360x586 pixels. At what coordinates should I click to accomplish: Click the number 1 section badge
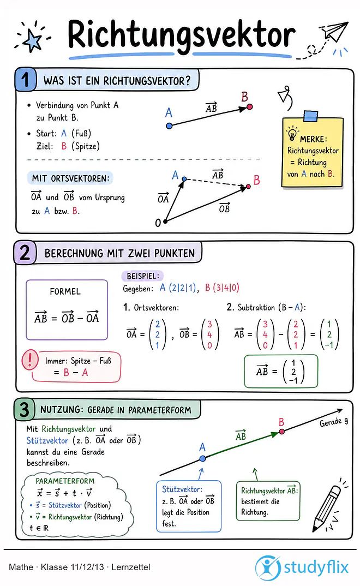[x=26, y=80]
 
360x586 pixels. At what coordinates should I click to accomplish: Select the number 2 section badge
[x=25, y=252]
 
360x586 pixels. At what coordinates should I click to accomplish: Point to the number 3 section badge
[x=25, y=409]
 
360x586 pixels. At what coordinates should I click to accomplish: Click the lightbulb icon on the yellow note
[x=292, y=134]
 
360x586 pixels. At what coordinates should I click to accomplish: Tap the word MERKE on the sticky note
[x=313, y=139]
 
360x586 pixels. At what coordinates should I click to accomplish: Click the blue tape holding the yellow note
[x=310, y=116]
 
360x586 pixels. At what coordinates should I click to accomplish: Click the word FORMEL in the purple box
[x=65, y=291]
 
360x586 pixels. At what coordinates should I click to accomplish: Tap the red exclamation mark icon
[x=30, y=360]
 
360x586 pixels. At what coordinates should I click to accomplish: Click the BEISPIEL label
[x=143, y=276]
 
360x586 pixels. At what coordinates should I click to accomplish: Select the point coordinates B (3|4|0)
[x=222, y=288]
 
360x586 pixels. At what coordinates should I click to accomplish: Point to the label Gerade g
[x=334, y=422]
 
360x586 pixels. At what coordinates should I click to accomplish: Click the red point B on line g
[x=282, y=431]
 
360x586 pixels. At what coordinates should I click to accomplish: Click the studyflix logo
[x=302, y=567]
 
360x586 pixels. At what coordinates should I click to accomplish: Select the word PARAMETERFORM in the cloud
[x=65, y=481]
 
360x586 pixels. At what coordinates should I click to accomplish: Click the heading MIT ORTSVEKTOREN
[x=70, y=178]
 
